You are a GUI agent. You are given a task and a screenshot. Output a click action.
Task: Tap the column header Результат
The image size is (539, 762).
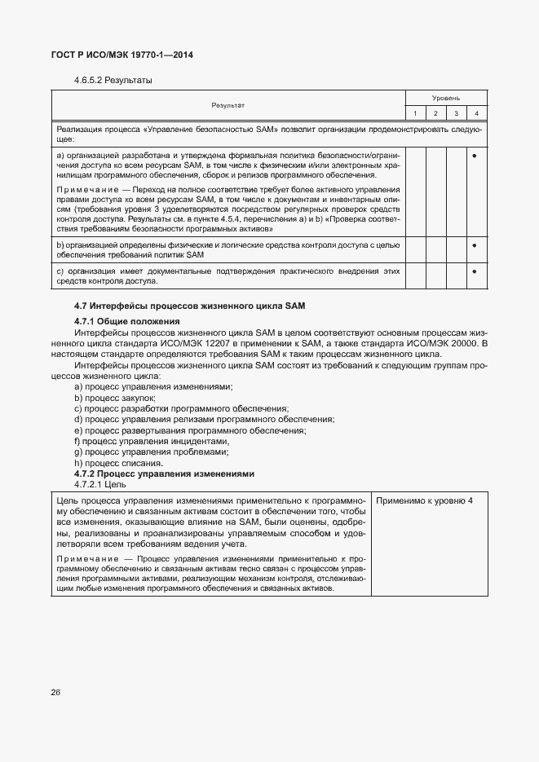(228, 105)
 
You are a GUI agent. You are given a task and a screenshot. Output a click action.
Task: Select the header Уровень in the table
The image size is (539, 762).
(446, 97)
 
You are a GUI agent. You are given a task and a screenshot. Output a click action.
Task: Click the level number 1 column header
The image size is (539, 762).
(415, 112)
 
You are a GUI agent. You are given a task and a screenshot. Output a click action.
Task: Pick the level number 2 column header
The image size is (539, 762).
(436, 112)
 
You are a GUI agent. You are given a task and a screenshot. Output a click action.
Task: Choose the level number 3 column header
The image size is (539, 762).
(457, 112)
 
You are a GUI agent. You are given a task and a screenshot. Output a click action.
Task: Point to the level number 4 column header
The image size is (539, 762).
(476, 112)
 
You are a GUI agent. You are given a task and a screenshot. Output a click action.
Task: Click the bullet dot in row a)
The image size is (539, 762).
(475, 154)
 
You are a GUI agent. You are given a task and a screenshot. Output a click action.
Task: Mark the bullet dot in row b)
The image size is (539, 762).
(475, 244)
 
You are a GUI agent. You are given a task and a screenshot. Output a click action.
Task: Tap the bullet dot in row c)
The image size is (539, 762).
(475, 271)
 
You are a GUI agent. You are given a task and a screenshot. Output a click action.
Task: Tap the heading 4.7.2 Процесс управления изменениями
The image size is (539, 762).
(164, 473)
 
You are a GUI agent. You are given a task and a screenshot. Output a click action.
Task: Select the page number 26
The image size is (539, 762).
(56, 692)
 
